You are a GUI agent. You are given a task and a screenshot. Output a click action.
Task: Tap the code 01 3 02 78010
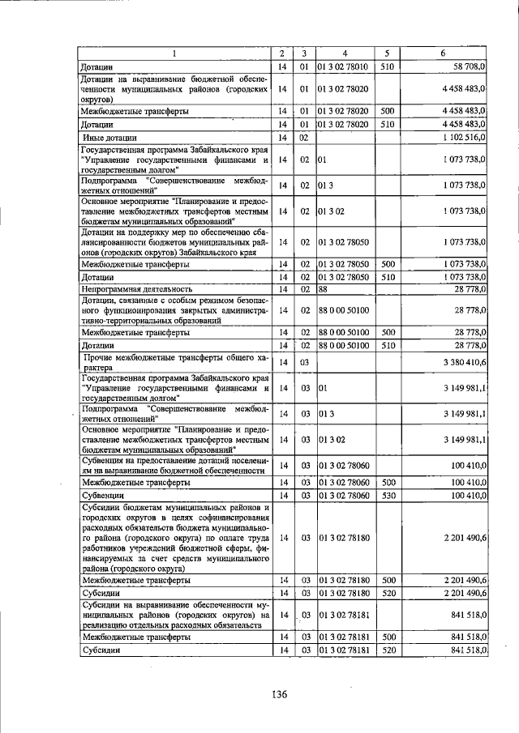point(343,66)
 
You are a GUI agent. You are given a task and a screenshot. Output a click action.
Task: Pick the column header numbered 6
point(443,53)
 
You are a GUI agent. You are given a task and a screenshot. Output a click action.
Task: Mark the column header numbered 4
point(345,53)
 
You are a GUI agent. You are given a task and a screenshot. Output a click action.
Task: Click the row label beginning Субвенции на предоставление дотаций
point(175,465)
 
